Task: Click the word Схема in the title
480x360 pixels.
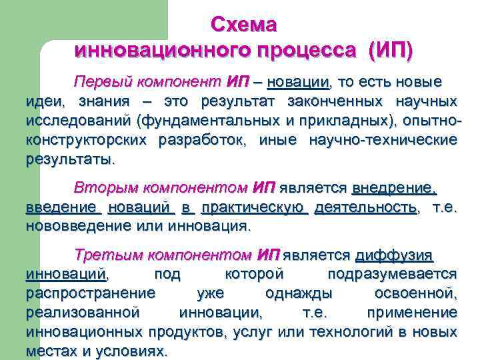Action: tap(243, 25)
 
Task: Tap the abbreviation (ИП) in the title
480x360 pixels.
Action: tap(389, 50)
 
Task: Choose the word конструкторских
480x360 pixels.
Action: tap(87, 141)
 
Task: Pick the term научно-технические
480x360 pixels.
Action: tap(383, 141)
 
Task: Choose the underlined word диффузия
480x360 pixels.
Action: tap(395, 255)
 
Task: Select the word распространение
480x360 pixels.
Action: tap(91, 293)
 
